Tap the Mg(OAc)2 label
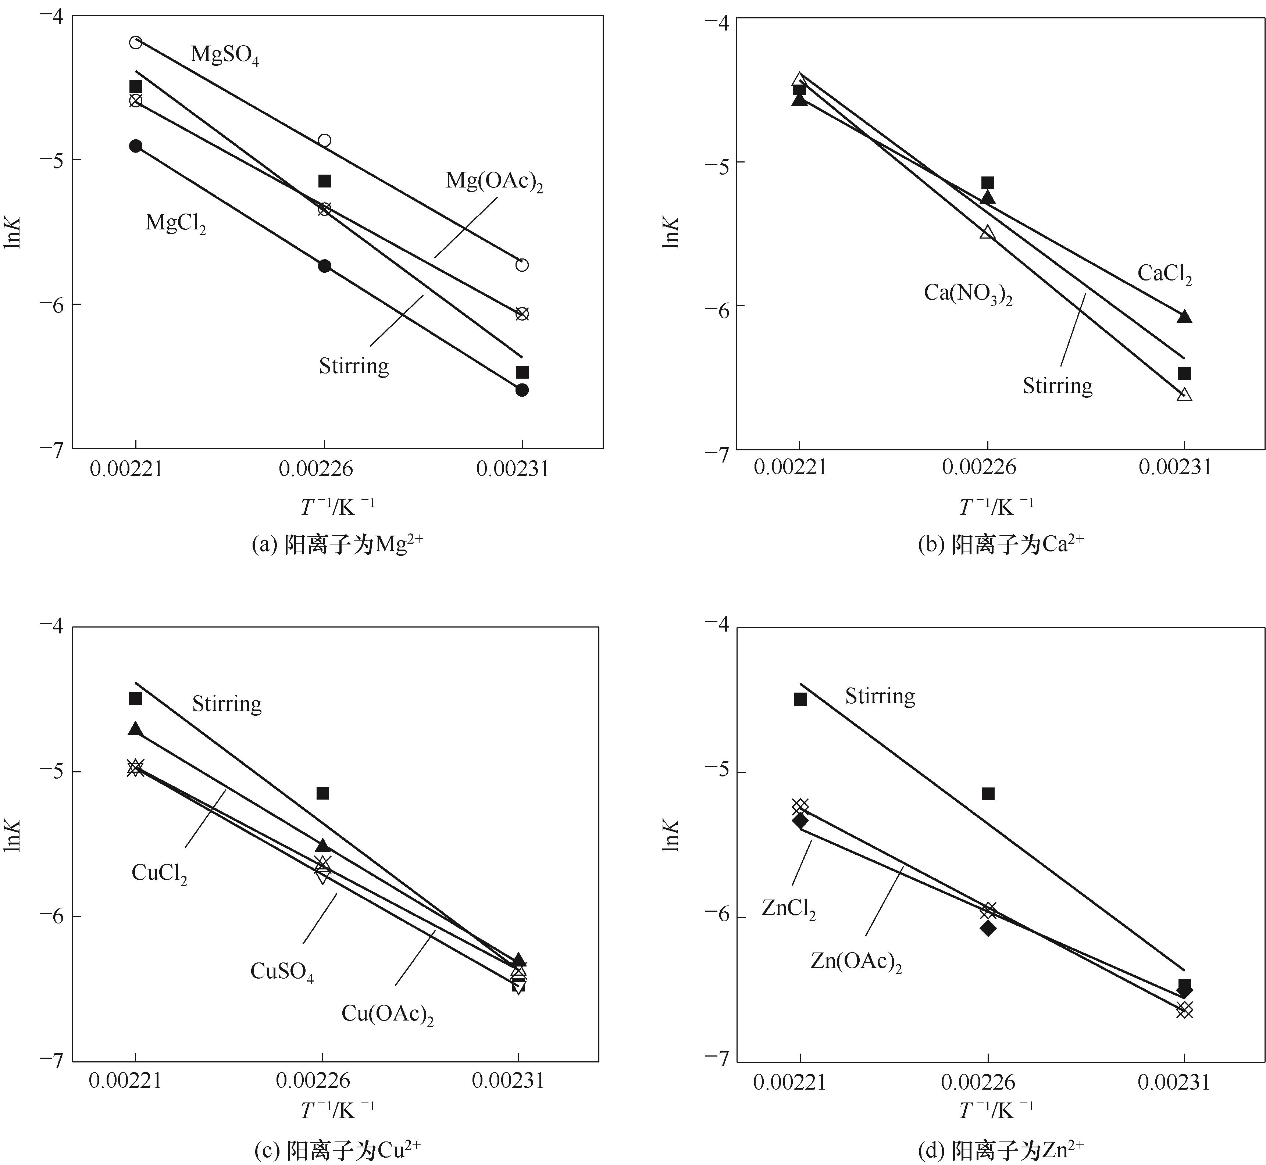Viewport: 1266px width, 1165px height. [x=494, y=182]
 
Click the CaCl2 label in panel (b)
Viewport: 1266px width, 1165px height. [x=1164, y=274]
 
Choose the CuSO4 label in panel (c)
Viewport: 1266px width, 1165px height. [x=281, y=972]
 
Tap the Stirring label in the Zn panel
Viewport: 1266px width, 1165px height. [x=880, y=696]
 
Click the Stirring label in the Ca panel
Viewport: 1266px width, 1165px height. [x=1057, y=385]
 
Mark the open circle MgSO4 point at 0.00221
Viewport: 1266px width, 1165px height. [x=136, y=43]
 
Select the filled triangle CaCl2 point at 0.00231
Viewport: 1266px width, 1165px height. [x=1184, y=317]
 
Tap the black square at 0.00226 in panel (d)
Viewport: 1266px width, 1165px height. [x=988, y=794]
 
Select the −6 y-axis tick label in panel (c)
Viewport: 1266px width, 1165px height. [x=52, y=916]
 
